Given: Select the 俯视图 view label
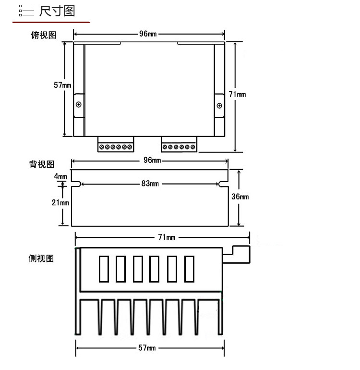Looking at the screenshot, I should [43, 35].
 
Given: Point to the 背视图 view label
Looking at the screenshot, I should [42, 165].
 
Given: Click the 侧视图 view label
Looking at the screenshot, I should [41, 259].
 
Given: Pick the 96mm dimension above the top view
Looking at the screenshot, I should [148, 34].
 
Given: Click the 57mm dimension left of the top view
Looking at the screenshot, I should [62, 85].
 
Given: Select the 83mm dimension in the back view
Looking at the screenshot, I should [150, 184].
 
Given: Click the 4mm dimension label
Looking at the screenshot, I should [60, 176].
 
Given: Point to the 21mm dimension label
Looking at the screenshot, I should [60, 202].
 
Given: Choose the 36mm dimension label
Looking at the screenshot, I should [240, 197].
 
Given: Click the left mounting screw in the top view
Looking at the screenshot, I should [79, 105].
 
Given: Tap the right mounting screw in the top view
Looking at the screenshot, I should [219, 105].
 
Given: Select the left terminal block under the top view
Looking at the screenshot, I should [115, 145].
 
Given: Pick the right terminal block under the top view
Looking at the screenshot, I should [179, 145].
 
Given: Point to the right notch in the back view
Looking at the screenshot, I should [223, 184].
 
